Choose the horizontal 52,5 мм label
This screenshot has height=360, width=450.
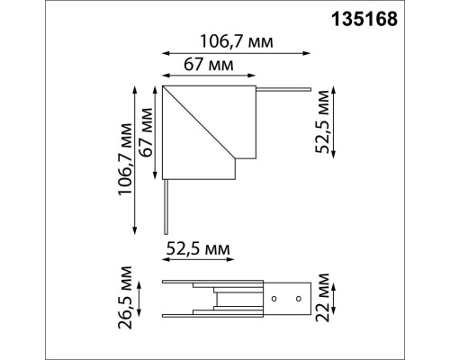tap(197, 247)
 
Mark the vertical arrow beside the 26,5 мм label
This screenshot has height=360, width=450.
tap(143, 296)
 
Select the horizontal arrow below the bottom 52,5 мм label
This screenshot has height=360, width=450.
tap(197, 262)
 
